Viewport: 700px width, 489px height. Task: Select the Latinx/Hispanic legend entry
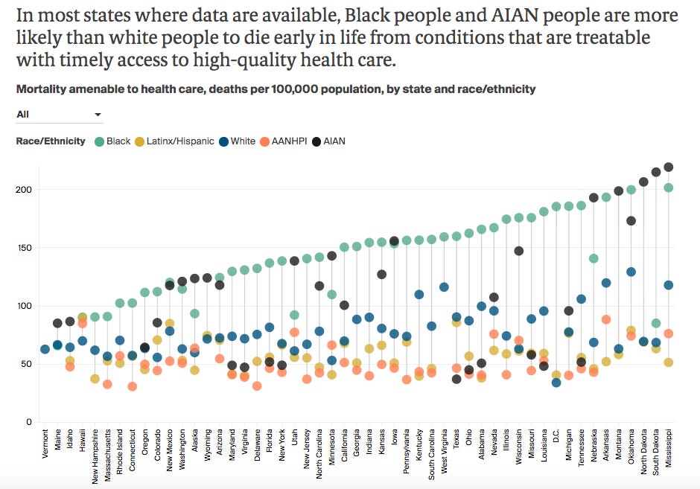pos(176,141)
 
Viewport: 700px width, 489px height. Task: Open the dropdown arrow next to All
pos(98,115)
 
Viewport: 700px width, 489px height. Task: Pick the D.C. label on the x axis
pos(556,440)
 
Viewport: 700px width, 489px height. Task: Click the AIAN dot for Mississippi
pos(669,167)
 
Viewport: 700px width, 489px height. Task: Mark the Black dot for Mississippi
pos(669,188)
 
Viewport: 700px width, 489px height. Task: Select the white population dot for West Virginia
pos(445,287)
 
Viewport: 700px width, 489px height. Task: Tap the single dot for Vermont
pos(45,349)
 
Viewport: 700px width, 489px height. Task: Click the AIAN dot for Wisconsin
pos(518,251)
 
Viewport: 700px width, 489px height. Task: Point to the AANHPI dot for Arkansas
pos(606,319)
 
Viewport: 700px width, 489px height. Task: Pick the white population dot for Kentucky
pos(419,295)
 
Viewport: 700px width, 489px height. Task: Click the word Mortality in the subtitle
pos(42,89)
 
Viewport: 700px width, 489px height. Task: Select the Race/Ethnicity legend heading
pos(51,141)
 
